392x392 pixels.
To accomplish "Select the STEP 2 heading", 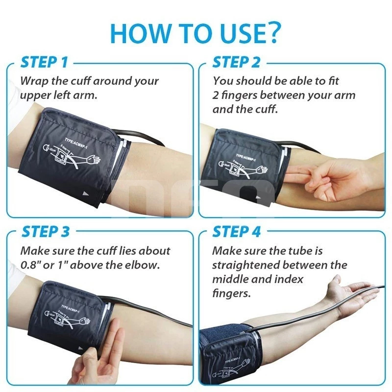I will click(237, 62).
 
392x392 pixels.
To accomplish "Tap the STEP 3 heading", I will click(46, 231).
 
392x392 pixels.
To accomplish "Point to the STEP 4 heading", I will click(237, 231).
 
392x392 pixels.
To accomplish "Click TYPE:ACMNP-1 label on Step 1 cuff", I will click(72, 140).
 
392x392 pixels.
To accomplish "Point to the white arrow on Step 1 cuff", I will click(86, 194).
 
